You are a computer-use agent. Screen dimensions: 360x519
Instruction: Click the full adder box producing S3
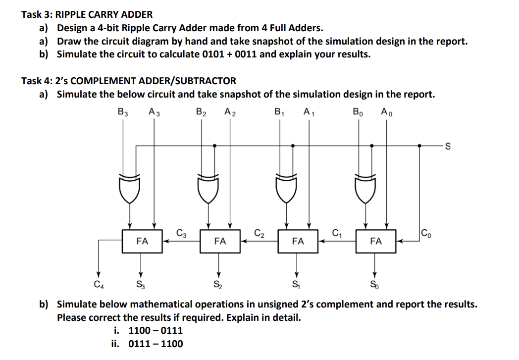pos(142,241)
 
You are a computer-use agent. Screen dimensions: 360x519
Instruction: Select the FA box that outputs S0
pos(376,241)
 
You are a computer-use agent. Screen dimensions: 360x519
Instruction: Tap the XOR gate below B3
pos(130,188)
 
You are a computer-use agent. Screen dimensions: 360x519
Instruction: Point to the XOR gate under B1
pos(286,188)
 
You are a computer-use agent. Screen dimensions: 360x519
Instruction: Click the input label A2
pos(230,112)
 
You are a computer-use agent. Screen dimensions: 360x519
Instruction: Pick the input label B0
pos(358,112)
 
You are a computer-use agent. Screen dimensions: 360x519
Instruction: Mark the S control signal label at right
pos(448,146)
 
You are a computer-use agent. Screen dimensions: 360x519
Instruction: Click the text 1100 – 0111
pos(155,330)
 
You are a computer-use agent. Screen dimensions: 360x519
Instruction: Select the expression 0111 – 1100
pos(155,344)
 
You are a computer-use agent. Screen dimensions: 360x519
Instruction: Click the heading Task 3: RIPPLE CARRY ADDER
pos(87,15)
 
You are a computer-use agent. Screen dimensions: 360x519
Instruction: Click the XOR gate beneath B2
pos(208,188)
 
